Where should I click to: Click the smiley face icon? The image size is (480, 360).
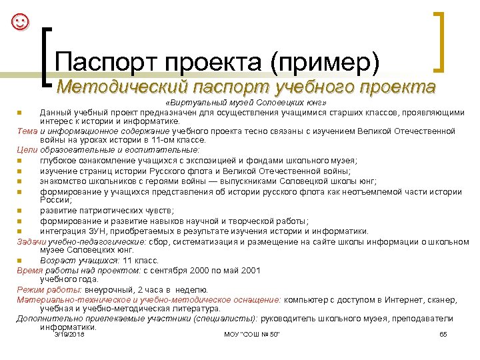pyautogui.click(x=21, y=22)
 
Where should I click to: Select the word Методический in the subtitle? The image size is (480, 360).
pyautogui.click(x=121, y=87)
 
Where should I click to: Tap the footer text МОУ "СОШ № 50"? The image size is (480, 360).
pyautogui.click(x=252, y=333)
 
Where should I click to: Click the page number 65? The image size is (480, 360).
pyautogui.click(x=443, y=333)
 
